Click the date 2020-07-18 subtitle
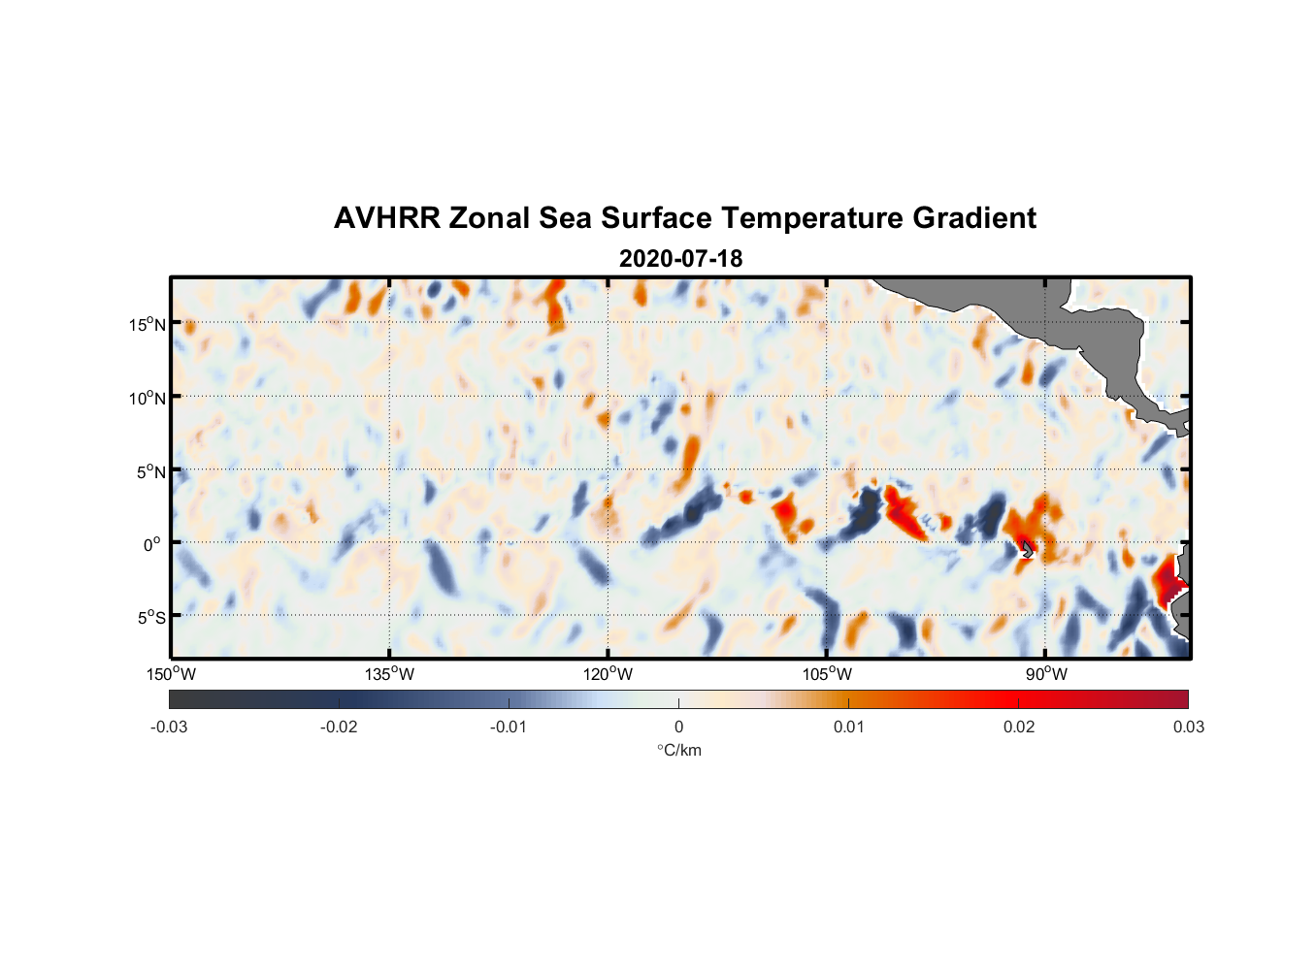(680, 259)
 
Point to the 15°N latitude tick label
(148, 324)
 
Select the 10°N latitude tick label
(148, 398)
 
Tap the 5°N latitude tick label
(150, 471)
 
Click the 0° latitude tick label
(152, 544)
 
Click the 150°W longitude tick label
(171, 674)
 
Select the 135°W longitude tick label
(389, 674)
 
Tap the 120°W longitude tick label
(608, 674)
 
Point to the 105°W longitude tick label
(827, 674)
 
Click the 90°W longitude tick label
(1045, 674)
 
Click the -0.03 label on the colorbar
(169, 727)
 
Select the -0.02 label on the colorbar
(339, 727)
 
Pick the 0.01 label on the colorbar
(848, 727)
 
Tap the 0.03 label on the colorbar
(1188, 727)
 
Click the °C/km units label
(678, 750)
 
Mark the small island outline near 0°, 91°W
(1027, 549)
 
